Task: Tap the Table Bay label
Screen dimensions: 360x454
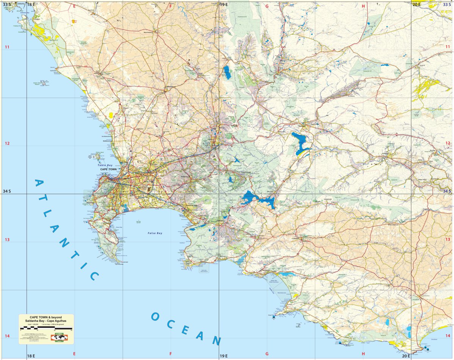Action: [x=105, y=165]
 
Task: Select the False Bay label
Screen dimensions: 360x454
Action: [x=155, y=233]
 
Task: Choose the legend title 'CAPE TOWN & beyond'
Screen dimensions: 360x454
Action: [x=46, y=317]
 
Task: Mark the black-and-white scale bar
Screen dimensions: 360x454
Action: [x=46, y=328]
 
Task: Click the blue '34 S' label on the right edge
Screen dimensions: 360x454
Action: [x=447, y=191]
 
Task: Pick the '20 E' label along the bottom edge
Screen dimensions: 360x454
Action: [x=406, y=356]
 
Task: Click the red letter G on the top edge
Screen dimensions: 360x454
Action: [x=267, y=6]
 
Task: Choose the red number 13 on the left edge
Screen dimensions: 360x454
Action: [x=7, y=239]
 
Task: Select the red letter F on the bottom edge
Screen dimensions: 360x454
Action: [x=171, y=354]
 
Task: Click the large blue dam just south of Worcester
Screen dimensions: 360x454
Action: [x=301, y=143]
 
